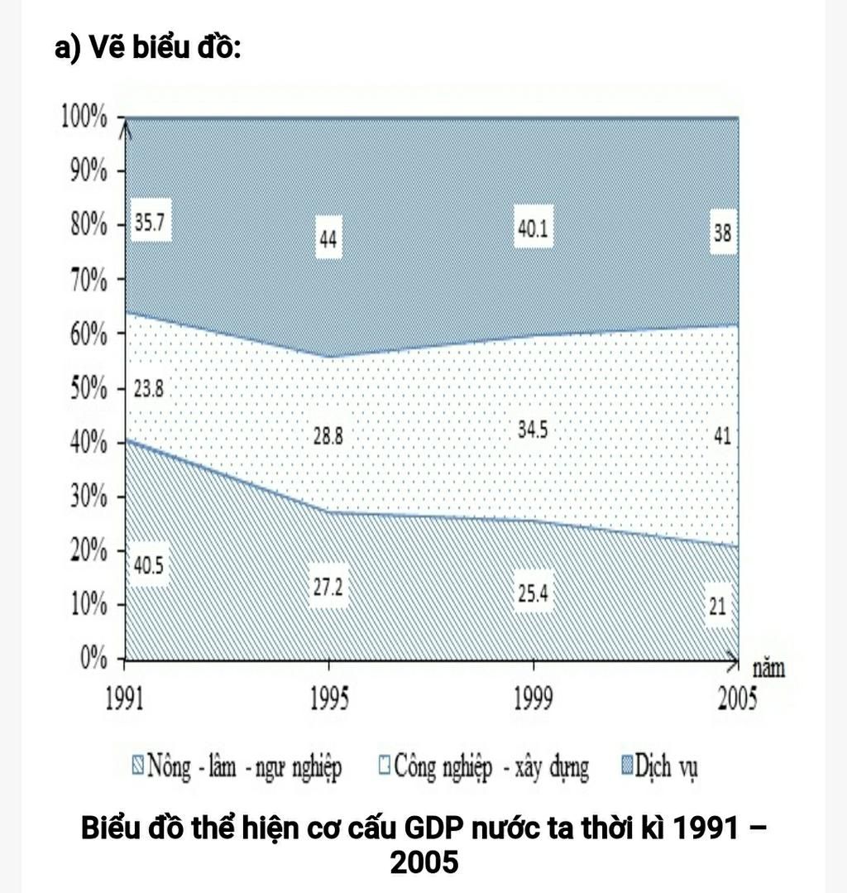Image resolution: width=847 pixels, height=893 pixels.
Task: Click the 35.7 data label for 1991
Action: (149, 225)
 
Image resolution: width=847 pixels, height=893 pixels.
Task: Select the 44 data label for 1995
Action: (328, 239)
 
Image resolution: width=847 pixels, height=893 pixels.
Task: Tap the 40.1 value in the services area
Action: (532, 231)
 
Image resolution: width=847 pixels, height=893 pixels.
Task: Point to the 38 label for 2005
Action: (722, 233)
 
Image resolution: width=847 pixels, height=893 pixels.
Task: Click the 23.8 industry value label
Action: (149, 390)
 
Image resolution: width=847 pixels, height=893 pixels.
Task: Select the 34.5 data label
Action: (532, 431)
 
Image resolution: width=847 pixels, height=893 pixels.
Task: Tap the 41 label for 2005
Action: (722, 435)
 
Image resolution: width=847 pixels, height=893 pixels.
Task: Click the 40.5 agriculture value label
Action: (149, 566)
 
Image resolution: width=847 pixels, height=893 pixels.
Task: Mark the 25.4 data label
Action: (532, 593)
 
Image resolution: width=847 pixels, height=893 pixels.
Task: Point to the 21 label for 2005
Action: (717, 607)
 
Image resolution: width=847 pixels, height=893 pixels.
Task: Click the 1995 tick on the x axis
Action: (329, 700)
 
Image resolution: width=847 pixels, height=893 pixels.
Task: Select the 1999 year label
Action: (533, 700)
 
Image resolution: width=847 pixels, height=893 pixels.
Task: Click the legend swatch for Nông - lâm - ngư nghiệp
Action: (136, 766)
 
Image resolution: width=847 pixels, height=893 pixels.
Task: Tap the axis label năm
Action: (768, 669)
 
